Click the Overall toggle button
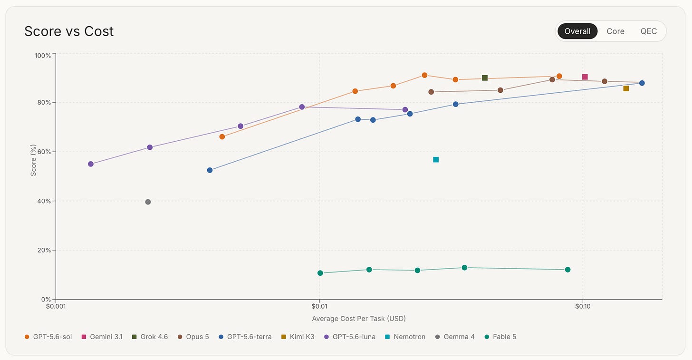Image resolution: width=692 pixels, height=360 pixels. tap(577, 31)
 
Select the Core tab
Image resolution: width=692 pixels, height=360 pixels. tap(615, 31)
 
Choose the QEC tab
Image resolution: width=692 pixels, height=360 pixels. tap(648, 31)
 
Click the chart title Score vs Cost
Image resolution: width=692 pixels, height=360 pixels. tap(69, 31)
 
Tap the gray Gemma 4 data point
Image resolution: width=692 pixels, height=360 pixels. tap(148, 202)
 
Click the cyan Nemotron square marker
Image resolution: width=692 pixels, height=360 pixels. tap(436, 159)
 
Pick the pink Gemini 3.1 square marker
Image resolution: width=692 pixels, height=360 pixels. tap(585, 77)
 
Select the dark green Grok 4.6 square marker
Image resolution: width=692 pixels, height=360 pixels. tap(485, 78)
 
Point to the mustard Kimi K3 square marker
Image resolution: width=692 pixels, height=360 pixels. tap(626, 88)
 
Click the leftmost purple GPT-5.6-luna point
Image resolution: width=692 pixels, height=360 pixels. tap(90, 164)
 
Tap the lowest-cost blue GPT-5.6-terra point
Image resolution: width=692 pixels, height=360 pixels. tap(210, 170)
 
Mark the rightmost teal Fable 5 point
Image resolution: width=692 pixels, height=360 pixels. tap(567, 270)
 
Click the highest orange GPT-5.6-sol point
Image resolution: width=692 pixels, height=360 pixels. tap(424, 75)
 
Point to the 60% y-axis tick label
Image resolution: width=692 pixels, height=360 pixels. tap(44, 152)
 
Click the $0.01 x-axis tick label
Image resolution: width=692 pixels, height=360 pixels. tap(319, 306)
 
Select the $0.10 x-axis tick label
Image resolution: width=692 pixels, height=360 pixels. tap(583, 306)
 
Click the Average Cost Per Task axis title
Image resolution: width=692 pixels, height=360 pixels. tap(359, 319)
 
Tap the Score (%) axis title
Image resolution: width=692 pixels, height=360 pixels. tap(33, 160)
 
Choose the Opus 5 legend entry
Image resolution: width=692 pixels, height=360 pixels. tap(193, 337)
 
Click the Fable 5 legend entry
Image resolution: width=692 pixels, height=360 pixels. tap(500, 337)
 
